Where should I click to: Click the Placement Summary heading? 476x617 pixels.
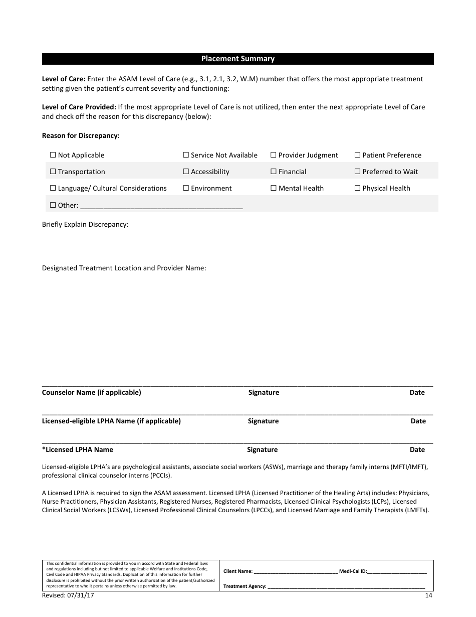coord(237,59)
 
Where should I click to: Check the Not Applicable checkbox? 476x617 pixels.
coord(53,156)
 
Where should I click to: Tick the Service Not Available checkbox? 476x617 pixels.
coord(186,156)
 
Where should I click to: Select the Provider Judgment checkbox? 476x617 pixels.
coord(274,156)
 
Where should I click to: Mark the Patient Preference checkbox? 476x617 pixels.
coord(358,156)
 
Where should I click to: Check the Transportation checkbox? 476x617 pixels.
coord(53,172)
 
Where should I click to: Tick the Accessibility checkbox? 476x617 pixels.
coord(186,172)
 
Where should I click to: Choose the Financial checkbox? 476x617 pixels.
coord(274,172)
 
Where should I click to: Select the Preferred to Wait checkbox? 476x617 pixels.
coord(358,172)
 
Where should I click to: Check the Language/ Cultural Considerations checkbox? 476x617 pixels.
coord(53,189)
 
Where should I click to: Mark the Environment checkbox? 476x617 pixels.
coord(186,189)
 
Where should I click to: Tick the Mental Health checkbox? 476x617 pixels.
coord(274,189)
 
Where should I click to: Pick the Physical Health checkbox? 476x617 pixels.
coord(358,189)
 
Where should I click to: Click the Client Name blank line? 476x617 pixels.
coord(296,571)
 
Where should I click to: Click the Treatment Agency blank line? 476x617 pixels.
coord(346,586)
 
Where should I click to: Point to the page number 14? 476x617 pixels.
coord(428,595)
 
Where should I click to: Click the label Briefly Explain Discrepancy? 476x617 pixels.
coord(85,225)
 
